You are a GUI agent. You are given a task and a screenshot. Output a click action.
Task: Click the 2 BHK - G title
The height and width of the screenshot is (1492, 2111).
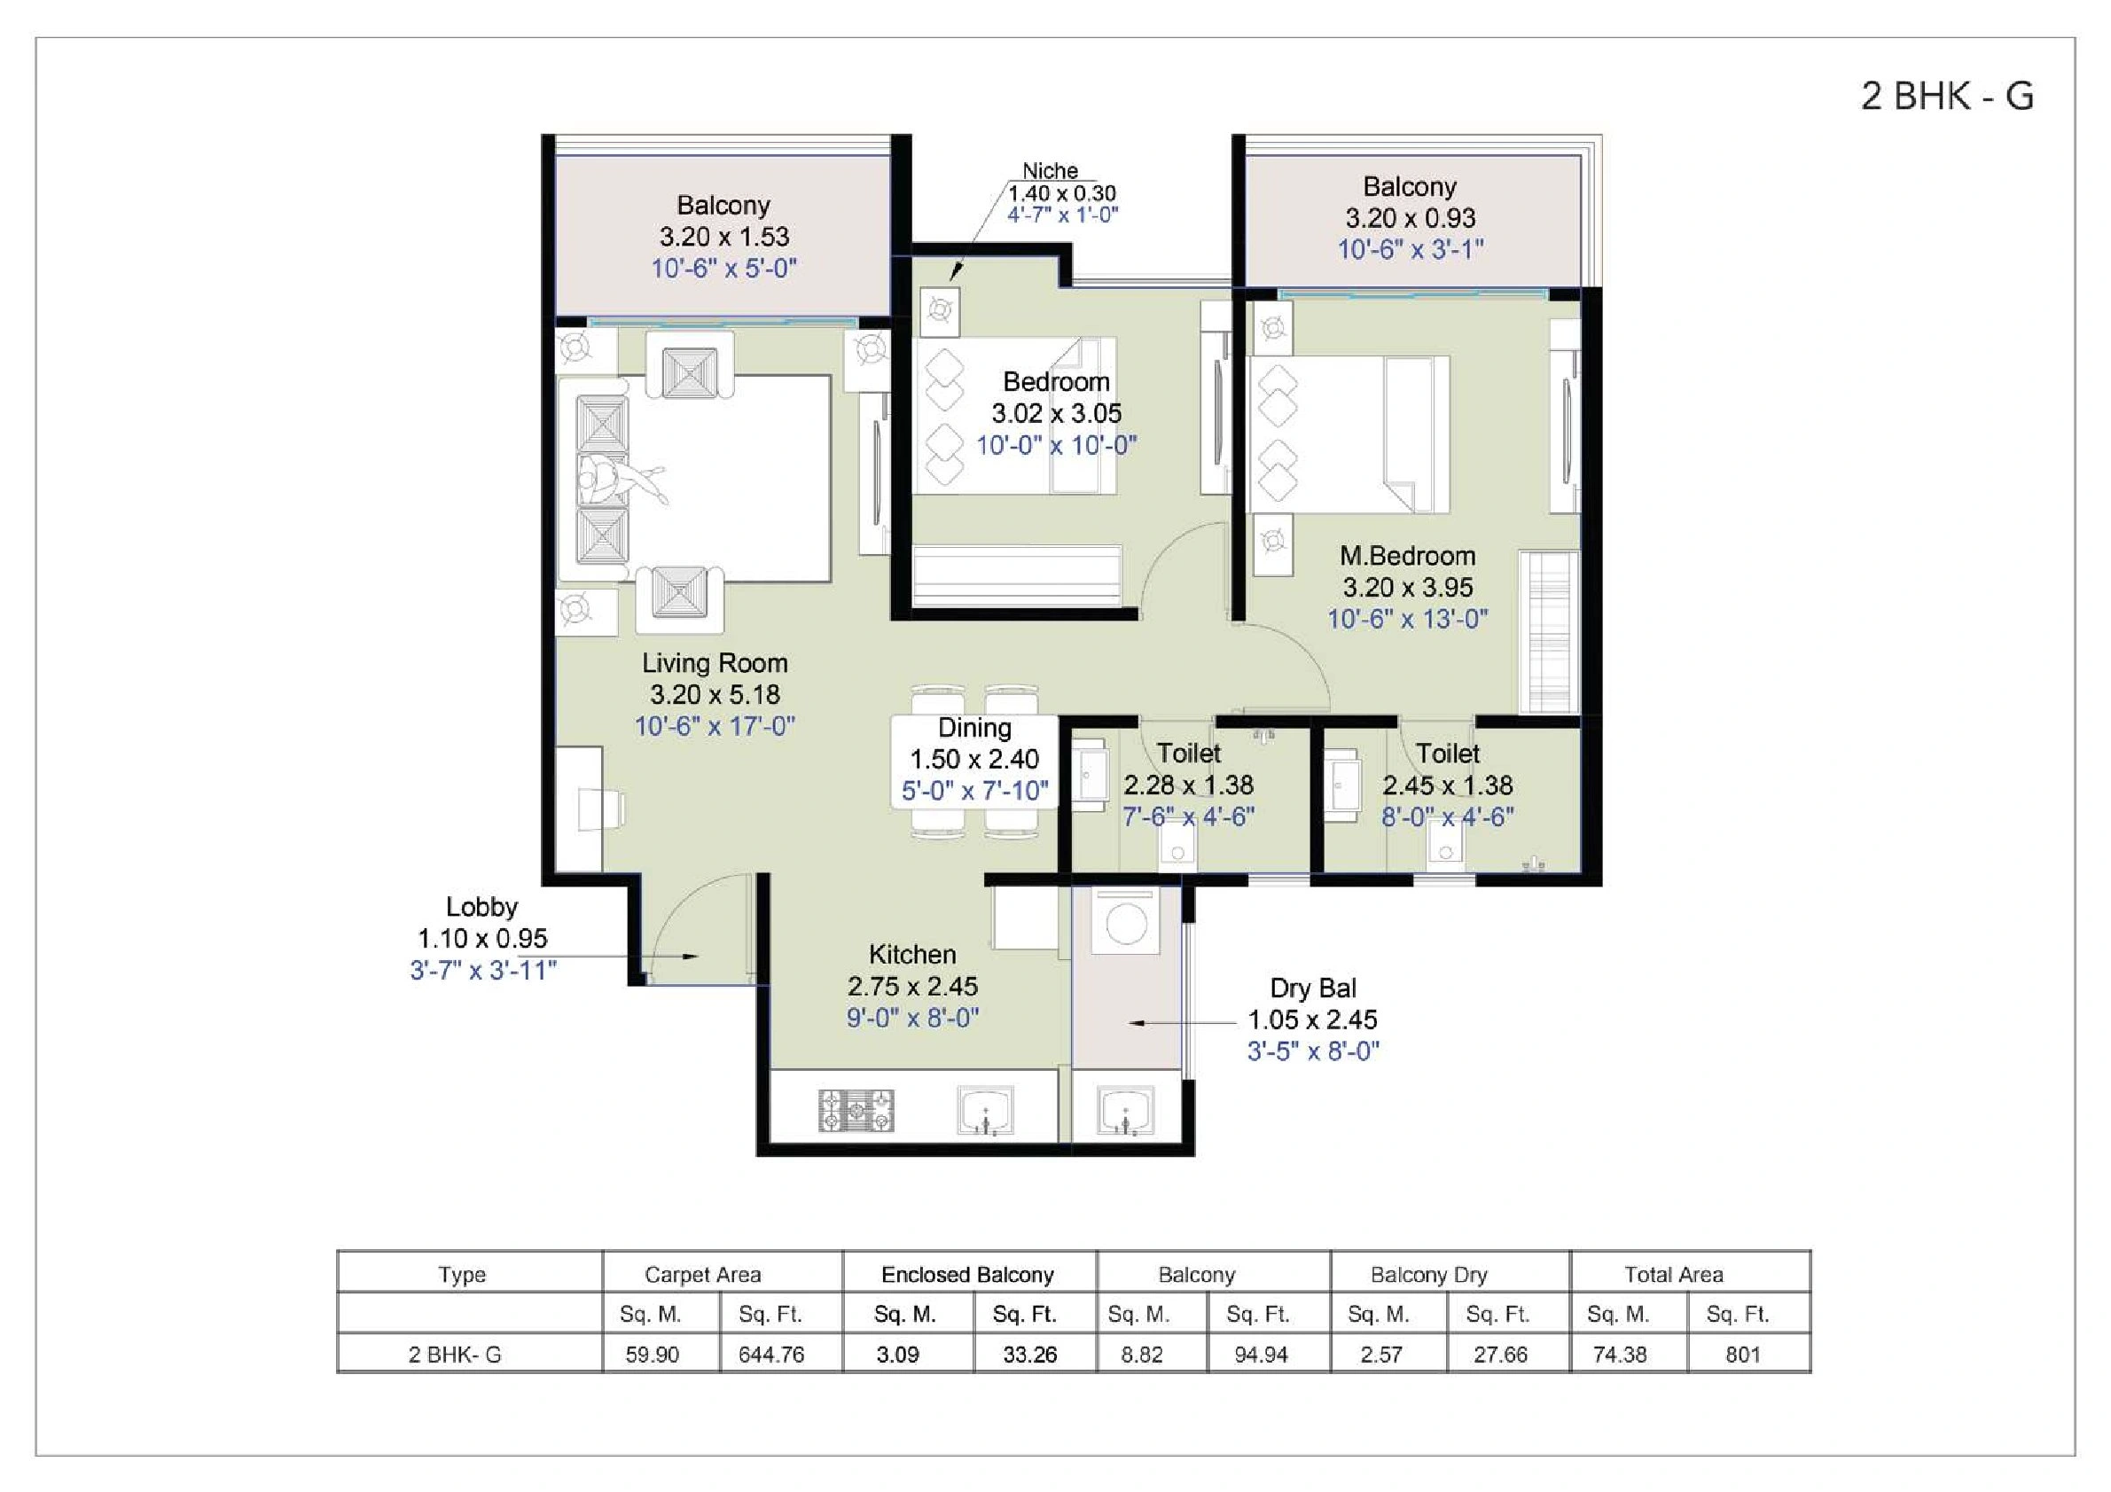point(1946,97)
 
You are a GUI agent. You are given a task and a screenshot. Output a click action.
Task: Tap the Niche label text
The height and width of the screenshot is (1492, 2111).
point(1050,171)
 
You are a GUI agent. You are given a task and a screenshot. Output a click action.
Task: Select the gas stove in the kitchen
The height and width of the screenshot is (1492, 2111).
point(856,1110)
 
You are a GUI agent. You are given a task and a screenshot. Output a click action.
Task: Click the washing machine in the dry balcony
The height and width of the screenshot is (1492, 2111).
point(1125,922)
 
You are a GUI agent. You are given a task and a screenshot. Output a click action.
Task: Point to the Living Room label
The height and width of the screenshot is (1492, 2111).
point(715,663)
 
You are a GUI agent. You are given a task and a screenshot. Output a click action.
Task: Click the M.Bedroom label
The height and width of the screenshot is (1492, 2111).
point(1407,556)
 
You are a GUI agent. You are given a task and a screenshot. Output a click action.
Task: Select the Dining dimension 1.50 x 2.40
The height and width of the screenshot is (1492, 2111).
point(974,760)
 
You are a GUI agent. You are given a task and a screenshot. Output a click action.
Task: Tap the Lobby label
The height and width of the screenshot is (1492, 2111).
point(481,907)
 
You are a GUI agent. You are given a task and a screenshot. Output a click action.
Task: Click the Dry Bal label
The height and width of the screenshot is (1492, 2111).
point(1313,988)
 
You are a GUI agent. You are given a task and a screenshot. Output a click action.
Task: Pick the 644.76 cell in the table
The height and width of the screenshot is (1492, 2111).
point(770,1354)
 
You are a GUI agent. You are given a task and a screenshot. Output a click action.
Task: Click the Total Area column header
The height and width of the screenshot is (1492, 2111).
point(1673,1274)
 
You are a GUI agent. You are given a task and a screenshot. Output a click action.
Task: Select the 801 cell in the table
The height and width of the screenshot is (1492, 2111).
point(1742,1354)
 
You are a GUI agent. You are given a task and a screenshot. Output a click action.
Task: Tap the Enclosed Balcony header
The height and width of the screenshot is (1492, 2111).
point(967,1274)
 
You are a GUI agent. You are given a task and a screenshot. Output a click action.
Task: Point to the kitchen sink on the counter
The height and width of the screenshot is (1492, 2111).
point(986,1110)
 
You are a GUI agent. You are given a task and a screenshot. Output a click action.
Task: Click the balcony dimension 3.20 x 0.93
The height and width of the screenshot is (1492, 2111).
point(1411,219)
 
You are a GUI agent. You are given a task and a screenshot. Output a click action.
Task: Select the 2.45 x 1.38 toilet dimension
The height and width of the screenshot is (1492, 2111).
point(1447,786)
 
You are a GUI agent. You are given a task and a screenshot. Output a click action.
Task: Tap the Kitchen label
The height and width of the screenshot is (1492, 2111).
point(912,954)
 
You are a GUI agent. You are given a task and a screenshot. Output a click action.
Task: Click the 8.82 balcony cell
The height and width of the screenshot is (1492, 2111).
point(1141,1354)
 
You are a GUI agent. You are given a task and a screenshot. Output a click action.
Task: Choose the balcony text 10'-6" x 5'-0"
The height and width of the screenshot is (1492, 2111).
point(723,269)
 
